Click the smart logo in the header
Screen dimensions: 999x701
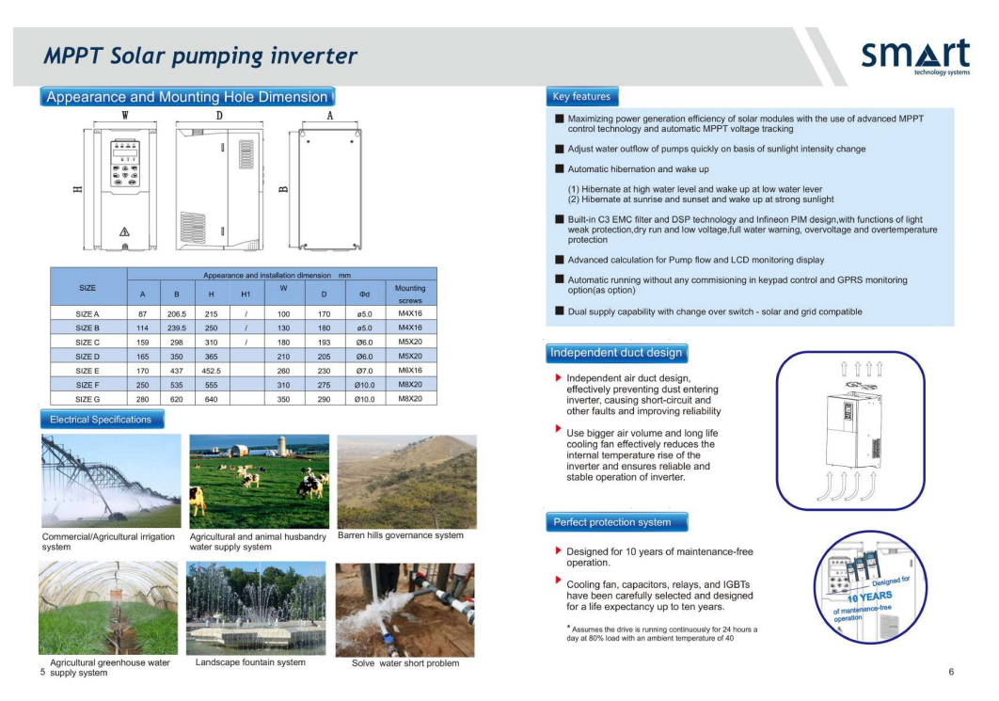(x=915, y=56)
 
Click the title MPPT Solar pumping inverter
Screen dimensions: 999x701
(x=200, y=56)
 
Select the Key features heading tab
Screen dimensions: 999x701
(x=581, y=97)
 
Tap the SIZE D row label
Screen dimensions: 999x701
(x=87, y=357)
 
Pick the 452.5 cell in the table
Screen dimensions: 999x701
(x=211, y=371)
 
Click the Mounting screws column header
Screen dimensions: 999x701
(x=410, y=295)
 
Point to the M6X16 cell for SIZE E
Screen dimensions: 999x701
(x=410, y=370)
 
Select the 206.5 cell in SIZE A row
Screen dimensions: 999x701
(x=177, y=314)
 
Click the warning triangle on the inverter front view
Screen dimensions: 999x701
(x=125, y=231)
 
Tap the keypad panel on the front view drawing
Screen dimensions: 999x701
(x=125, y=163)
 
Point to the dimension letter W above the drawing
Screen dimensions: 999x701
(x=125, y=116)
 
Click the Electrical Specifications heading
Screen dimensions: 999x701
(x=102, y=420)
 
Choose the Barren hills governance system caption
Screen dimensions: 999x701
(x=400, y=535)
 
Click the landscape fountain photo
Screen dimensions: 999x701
(x=256, y=609)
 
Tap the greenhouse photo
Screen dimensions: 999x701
(x=108, y=608)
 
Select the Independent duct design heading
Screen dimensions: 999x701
(x=616, y=353)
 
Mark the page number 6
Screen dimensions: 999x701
(x=951, y=672)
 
